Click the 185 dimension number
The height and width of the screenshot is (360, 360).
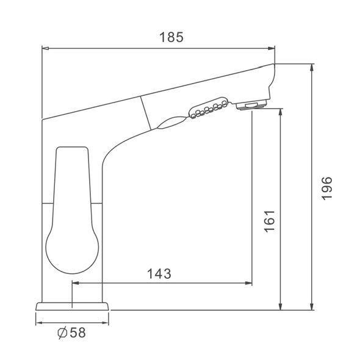coord(171,37)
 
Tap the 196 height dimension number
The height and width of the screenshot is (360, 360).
coord(326,189)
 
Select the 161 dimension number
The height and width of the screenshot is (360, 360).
coord(270,221)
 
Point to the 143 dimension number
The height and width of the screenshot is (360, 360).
coord(159,274)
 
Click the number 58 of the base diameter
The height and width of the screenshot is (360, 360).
coord(78,333)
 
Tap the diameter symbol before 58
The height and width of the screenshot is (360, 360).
coord(62,333)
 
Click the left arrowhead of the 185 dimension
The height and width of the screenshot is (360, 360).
coord(46,48)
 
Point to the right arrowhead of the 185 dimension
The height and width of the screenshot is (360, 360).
coord(272,48)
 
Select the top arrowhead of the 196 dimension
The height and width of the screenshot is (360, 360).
coord(312,67)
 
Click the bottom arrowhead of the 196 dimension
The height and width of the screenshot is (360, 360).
coord(312,307)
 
